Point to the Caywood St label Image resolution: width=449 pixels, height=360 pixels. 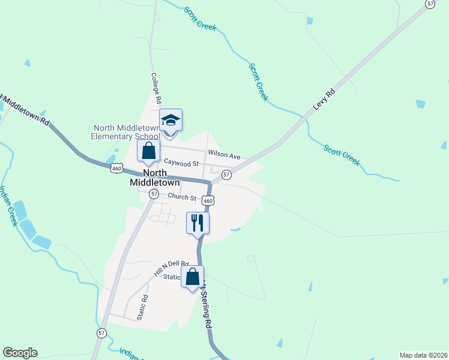[x=181, y=163]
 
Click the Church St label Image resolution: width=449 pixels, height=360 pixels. [x=182, y=197]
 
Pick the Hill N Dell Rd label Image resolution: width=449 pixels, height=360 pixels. [x=171, y=268]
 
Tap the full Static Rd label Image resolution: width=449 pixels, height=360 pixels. [x=142, y=306]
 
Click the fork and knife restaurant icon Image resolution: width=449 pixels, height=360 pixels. [x=197, y=223]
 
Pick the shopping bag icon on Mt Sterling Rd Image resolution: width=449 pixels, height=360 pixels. [x=192, y=277]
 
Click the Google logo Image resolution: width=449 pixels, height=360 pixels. [x=20, y=353]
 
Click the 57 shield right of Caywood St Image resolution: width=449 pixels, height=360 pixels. [x=226, y=175]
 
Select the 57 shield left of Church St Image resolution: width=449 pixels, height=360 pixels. [x=154, y=194]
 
